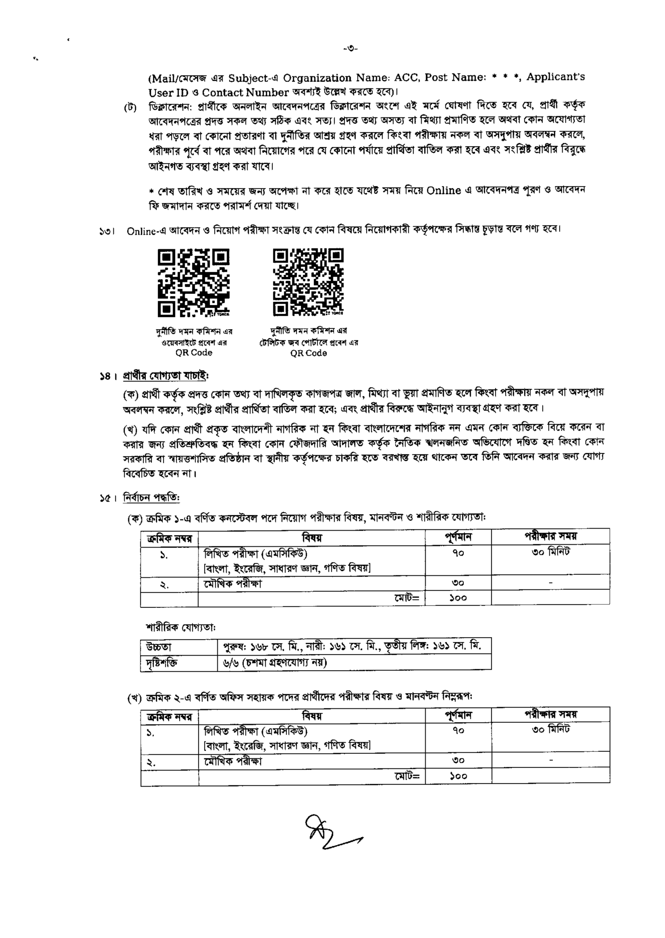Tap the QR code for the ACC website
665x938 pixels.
[x=193, y=282]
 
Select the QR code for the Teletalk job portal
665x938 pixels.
[x=308, y=282]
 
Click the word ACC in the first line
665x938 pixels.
[x=406, y=78]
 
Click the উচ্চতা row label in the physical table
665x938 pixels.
[x=158, y=647]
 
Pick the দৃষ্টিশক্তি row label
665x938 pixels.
[x=162, y=662]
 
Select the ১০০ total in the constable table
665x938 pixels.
[x=458, y=598]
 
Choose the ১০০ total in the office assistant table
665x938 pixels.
[x=458, y=776]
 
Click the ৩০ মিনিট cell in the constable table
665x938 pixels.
[x=550, y=552]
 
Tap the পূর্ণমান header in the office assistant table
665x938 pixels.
[x=458, y=715]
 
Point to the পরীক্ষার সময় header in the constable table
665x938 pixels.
[x=550, y=536]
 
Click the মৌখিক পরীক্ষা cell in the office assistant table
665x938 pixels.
[x=232, y=761]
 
